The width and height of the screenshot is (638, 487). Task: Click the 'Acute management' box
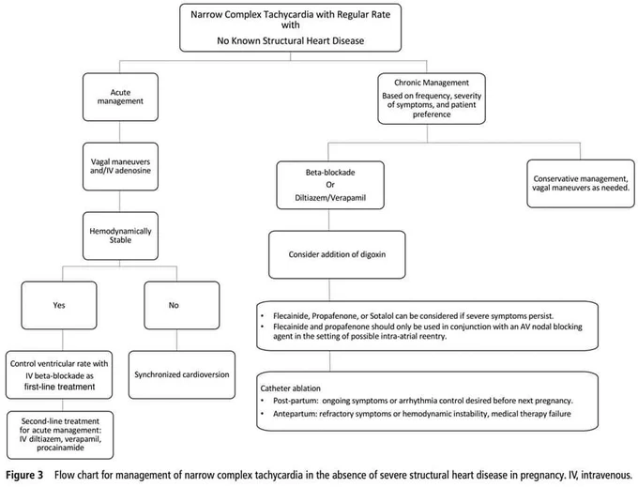click(x=120, y=97)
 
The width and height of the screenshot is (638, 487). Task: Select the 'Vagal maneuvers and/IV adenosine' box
click(x=120, y=166)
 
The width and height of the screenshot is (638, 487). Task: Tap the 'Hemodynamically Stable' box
click(x=120, y=236)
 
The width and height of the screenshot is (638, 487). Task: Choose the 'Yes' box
click(x=59, y=305)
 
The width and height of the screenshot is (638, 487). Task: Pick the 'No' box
click(x=182, y=305)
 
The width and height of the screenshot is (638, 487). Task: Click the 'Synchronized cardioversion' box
click(x=182, y=374)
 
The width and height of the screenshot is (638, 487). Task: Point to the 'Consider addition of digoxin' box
click(x=337, y=254)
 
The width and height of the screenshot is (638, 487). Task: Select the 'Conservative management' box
click(x=581, y=184)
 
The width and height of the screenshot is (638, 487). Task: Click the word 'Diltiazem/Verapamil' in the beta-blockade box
click(x=330, y=198)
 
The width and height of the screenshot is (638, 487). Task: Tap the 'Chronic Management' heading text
click(x=432, y=83)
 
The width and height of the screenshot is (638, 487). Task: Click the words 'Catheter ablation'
click(x=291, y=388)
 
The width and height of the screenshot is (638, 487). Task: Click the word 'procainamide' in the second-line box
click(x=60, y=448)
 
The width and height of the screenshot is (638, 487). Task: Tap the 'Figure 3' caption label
click(x=24, y=475)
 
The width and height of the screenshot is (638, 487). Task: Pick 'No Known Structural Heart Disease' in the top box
click(x=291, y=40)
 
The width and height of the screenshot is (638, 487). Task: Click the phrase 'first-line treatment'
click(x=59, y=387)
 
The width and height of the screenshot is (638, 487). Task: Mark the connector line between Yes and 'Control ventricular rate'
click(x=63, y=340)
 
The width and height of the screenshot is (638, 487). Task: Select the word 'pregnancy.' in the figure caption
click(x=543, y=475)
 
